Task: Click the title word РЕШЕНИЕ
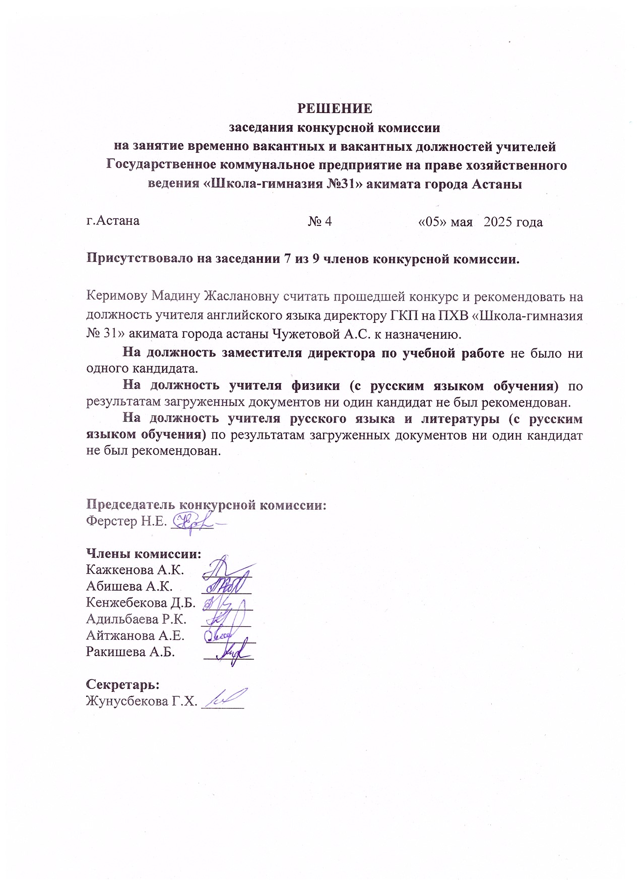pyautogui.click(x=335, y=108)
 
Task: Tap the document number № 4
pyautogui.click(x=319, y=221)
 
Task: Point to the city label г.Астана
pyautogui.click(x=113, y=221)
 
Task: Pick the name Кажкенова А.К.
pyautogui.click(x=135, y=570)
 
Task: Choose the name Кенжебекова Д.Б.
pyautogui.click(x=141, y=603)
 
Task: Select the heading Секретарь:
pyautogui.click(x=123, y=684)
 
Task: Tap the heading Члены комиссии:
pyautogui.click(x=144, y=554)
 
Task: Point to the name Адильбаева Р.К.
pyautogui.click(x=136, y=619)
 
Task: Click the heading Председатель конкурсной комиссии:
pyautogui.click(x=206, y=505)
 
